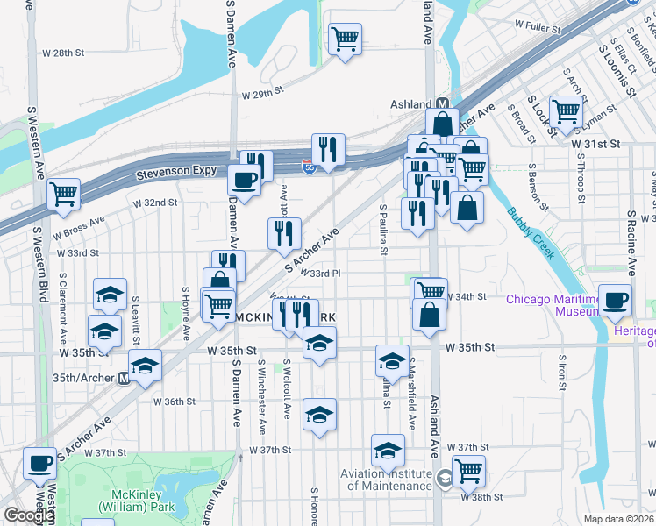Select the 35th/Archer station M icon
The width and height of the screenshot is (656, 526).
pyautogui.click(x=124, y=380)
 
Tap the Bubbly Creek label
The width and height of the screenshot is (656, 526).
pyautogui.click(x=530, y=232)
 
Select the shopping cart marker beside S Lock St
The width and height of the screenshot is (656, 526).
pyautogui.click(x=567, y=111)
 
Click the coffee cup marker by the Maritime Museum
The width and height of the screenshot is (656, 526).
pyautogui.click(x=614, y=299)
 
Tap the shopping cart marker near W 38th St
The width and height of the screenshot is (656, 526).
pyautogui.click(x=468, y=470)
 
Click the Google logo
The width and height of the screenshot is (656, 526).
pyautogui.click(x=28, y=515)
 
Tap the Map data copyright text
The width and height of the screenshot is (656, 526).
pyautogui.click(x=618, y=519)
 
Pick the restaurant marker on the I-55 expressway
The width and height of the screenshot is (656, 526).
pyautogui.click(x=328, y=148)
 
